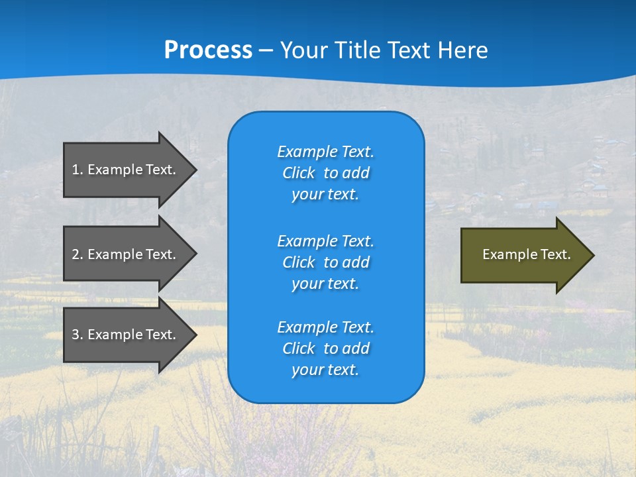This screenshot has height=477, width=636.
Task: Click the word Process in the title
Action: click(208, 50)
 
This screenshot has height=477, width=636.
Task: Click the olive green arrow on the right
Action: click(523, 254)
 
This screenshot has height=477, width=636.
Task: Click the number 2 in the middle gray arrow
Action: click(76, 254)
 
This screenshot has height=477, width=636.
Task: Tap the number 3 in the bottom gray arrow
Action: click(76, 335)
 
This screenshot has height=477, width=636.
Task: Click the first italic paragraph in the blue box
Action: click(325, 173)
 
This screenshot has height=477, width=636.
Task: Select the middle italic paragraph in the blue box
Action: click(325, 262)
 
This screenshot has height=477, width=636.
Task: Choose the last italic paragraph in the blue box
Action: click(325, 348)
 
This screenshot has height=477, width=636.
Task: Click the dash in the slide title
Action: click(266, 50)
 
